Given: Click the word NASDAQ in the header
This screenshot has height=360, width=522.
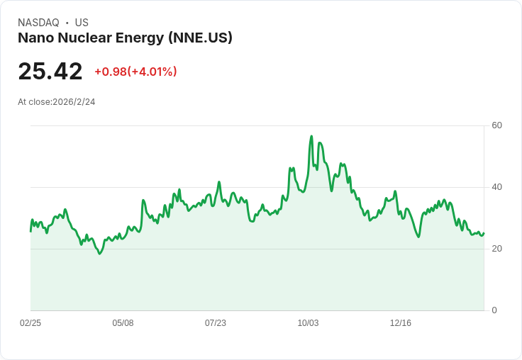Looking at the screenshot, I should click(x=38, y=23).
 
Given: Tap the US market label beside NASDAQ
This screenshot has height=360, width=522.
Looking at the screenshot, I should click(x=82, y=23).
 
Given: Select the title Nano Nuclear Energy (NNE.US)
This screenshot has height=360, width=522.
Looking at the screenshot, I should click(x=125, y=38).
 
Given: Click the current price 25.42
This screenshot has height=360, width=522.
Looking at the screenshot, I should click(x=50, y=72).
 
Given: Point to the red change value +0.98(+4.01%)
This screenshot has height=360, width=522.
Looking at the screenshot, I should click(x=135, y=72).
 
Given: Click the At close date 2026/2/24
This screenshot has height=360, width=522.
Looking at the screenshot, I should click(x=74, y=102).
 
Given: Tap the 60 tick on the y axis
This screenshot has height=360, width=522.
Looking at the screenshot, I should click(x=497, y=125).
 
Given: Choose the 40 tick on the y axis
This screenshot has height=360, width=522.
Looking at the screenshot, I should click(x=497, y=187).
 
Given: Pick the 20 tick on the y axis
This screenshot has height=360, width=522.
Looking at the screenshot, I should click(x=497, y=249).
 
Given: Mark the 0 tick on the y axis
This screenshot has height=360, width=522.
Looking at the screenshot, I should click(x=494, y=310).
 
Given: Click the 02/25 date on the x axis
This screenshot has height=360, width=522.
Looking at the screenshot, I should click(x=30, y=323).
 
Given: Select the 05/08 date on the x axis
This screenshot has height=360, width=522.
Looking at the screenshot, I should click(x=123, y=323).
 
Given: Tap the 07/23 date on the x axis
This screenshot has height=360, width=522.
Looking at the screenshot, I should click(x=216, y=323).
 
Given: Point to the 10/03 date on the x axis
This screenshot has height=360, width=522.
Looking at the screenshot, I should click(x=308, y=323).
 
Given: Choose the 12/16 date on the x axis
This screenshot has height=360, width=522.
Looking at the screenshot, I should click(x=401, y=323).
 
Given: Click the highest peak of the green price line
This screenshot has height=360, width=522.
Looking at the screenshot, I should click(x=311, y=136).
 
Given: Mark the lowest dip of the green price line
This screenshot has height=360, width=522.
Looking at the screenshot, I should click(x=100, y=253).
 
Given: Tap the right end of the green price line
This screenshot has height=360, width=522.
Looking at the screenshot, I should click(x=484, y=233).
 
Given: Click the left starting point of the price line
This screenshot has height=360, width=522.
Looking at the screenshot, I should click(x=30, y=231).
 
